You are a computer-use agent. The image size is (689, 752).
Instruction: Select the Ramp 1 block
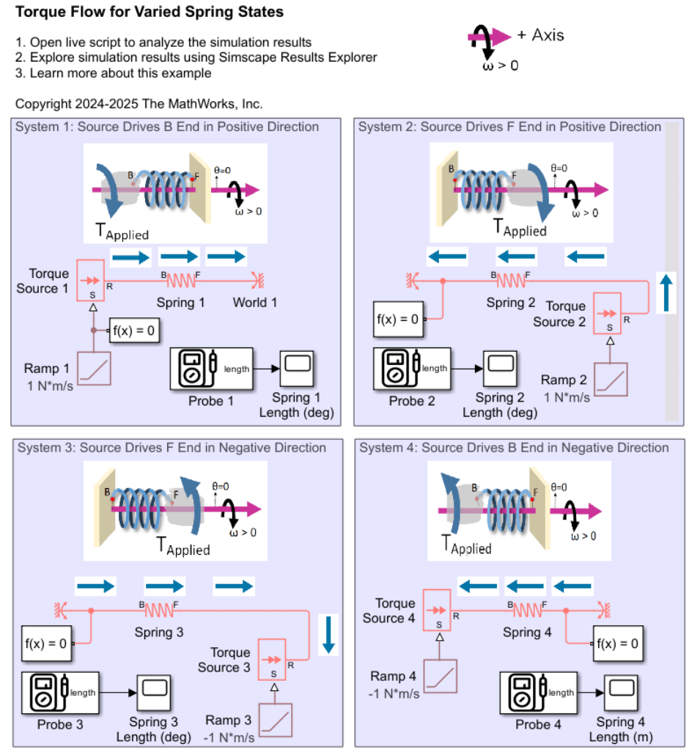click(93, 368)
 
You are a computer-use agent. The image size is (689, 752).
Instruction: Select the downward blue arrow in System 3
click(328, 635)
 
